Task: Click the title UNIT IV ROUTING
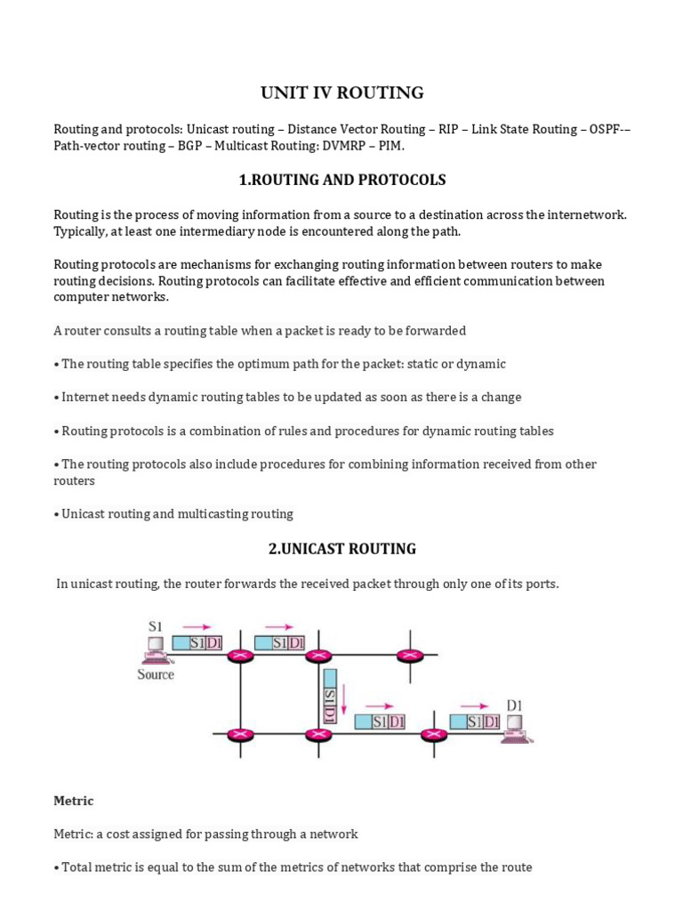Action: click(341, 93)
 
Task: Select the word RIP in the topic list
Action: click(449, 129)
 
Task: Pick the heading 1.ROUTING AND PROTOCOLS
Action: click(341, 180)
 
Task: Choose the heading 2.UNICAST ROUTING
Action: click(341, 549)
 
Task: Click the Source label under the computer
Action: click(156, 674)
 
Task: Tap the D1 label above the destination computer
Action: click(515, 705)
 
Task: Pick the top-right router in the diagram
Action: click(410, 656)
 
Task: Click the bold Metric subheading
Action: click(74, 801)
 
